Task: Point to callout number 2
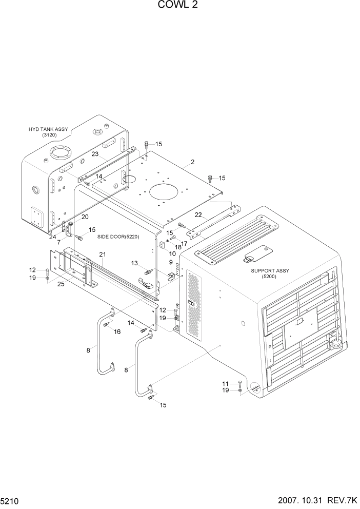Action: click(x=192, y=162)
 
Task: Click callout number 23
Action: click(x=95, y=153)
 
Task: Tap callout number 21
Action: click(x=103, y=254)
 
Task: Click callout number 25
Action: click(x=61, y=284)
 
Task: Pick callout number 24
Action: click(x=52, y=237)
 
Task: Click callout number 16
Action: click(x=117, y=331)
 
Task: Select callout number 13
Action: click(x=134, y=263)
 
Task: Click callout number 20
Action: click(x=85, y=217)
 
